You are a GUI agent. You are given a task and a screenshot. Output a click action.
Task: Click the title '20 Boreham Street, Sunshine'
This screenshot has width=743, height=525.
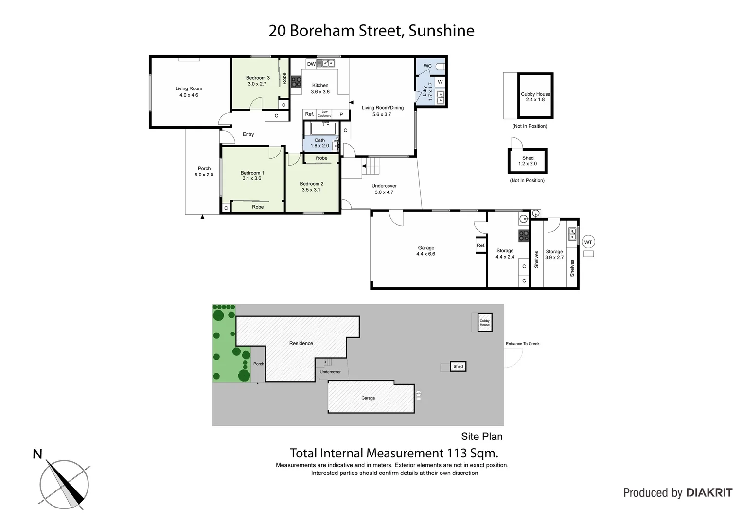(371, 31)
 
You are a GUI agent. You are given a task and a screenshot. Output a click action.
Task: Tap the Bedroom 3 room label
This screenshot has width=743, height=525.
(257, 81)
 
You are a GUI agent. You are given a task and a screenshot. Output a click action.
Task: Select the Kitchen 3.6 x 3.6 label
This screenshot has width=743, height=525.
(320, 88)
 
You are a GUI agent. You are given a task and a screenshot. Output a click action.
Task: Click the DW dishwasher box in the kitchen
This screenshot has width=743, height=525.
(311, 64)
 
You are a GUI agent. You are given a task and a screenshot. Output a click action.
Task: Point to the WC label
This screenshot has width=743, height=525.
(427, 66)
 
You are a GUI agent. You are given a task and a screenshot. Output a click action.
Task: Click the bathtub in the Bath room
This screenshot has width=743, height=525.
(323, 128)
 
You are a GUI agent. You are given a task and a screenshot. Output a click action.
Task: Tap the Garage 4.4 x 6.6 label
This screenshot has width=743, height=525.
(425, 251)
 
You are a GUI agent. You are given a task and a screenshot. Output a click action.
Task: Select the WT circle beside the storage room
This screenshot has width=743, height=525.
(588, 242)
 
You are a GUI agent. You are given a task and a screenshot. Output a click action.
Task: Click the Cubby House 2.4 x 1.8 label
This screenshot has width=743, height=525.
(535, 97)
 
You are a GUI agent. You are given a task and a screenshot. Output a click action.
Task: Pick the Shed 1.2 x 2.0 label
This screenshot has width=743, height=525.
(528, 161)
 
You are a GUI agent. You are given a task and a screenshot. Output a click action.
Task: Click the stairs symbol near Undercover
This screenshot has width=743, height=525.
(372, 167)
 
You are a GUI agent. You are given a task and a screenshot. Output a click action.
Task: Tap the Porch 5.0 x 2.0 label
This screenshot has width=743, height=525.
(204, 172)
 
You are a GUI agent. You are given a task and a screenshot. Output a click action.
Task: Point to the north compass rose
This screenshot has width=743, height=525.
(64, 484)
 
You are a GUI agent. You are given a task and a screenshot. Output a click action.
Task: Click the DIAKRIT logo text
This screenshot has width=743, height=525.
(709, 492)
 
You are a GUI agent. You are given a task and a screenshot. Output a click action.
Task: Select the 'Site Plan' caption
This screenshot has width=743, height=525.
(481, 437)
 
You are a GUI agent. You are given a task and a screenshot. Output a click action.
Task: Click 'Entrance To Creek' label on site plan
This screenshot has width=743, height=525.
(522, 344)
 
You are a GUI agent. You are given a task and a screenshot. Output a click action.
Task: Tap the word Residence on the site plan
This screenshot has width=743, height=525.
(301, 343)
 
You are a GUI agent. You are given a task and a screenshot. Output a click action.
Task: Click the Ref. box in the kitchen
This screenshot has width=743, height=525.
(309, 114)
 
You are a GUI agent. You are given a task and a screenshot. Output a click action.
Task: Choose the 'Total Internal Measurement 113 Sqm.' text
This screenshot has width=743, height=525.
(394, 453)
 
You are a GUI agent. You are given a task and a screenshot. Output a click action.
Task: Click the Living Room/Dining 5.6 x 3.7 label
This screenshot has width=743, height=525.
(382, 111)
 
